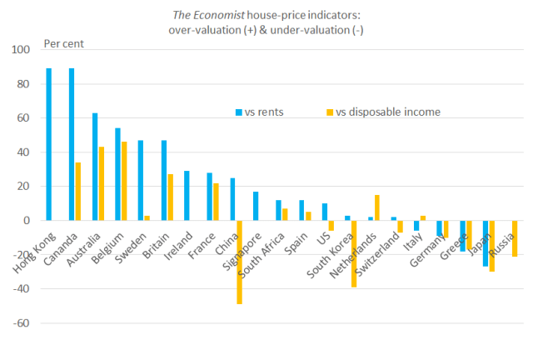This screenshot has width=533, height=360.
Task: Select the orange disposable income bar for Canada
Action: tap(78, 192)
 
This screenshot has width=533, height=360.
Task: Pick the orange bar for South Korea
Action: tap(354, 253)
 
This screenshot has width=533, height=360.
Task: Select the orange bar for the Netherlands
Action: tap(377, 207)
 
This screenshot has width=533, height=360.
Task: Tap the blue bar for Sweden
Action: tap(141, 180)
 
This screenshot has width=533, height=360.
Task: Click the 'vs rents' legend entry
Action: tap(260, 112)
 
